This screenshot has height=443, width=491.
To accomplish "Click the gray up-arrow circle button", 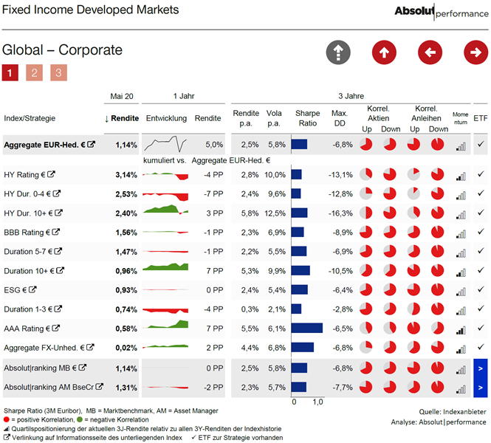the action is tap(338, 52).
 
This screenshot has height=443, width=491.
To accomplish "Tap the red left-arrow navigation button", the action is tap(430, 52).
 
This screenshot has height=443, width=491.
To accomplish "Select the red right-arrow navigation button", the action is tap(475, 52).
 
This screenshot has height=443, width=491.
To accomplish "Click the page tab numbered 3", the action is tap(58, 72).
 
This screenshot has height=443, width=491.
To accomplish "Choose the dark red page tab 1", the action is tap(10, 72).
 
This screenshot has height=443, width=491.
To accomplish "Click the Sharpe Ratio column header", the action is tap(307, 118).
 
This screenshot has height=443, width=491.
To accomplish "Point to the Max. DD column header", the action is tap(340, 118).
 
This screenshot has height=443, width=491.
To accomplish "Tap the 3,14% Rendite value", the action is tap(126, 175).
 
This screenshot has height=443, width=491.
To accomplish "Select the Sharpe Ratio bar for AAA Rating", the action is tap(307, 328).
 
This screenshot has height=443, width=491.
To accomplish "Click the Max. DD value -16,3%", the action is tap(340, 213).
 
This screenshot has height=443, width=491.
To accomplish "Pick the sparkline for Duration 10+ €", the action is tap(165, 267).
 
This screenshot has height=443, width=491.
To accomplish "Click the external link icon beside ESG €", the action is tap(32, 289).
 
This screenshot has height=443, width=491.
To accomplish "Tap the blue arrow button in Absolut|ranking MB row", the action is tap(481, 368).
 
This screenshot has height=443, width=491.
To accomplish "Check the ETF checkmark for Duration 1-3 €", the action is tap(481, 309).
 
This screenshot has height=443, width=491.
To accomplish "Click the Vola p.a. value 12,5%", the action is tap(275, 213).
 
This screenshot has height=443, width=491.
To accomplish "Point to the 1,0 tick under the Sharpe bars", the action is tap(317, 402).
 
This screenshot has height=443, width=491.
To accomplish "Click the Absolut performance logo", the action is tap(442, 12).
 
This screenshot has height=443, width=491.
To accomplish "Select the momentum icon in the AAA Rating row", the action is tap(461, 330).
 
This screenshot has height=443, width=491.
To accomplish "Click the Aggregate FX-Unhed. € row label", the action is tap(44, 348).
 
